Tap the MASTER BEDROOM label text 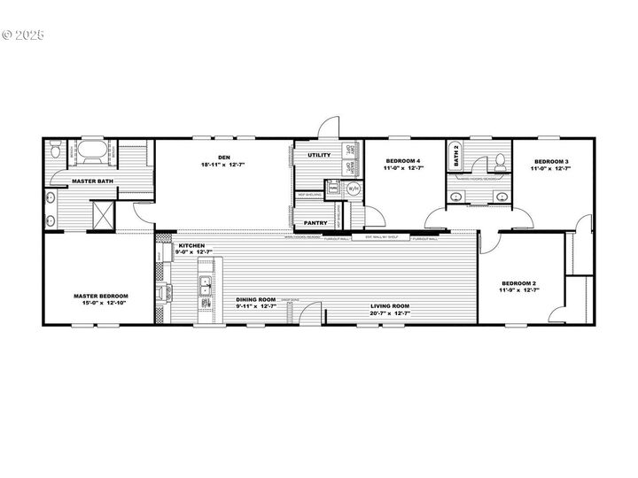click(x=101, y=296)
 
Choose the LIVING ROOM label click(x=390, y=305)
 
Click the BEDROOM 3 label click(x=551, y=161)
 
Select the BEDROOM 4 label click(x=401, y=161)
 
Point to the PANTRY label click(x=316, y=223)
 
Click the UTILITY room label click(x=319, y=155)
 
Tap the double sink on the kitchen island click(x=205, y=285)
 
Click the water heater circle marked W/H click(x=352, y=189)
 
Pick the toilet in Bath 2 click(x=500, y=159)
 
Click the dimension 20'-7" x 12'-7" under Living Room click(x=390, y=312)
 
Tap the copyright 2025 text click(x=23, y=35)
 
